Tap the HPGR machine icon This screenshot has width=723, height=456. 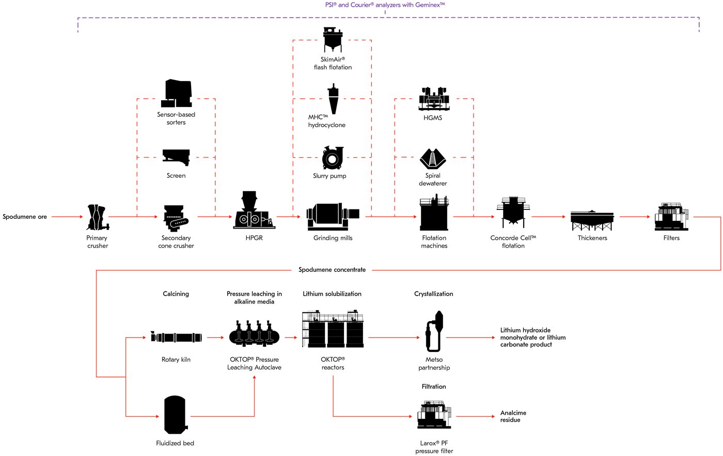(254, 210)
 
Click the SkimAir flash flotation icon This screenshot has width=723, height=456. (333, 40)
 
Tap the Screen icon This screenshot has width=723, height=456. (176, 157)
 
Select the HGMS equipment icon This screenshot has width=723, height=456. (434, 99)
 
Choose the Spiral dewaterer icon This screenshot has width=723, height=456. (433, 158)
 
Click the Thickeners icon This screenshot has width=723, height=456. (592, 220)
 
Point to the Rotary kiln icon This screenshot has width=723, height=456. (176, 338)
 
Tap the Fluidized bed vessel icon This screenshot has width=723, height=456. (175, 416)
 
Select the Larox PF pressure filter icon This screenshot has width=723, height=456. (434, 415)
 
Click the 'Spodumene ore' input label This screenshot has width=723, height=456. (25, 217)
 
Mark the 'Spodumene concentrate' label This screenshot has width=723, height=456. (332, 270)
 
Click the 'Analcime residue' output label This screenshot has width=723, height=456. (513, 416)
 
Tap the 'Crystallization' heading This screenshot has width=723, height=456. (433, 294)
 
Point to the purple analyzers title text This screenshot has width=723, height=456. (385, 5)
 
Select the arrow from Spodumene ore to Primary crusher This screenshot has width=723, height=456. (67, 217)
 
